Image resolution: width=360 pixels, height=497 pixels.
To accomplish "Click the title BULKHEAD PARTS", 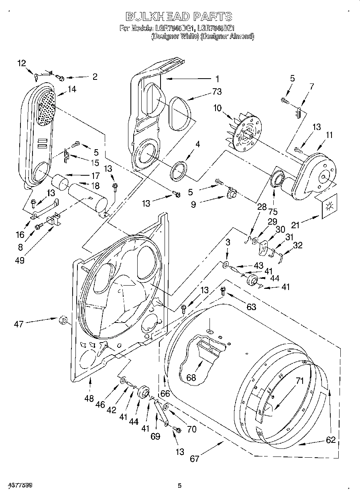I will (179, 16).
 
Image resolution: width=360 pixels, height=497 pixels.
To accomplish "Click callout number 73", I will (217, 92).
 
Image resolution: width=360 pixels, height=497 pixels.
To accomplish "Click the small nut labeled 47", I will (62, 320).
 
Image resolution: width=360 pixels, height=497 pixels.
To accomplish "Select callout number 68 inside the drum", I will (191, 377).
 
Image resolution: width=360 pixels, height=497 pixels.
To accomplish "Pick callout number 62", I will (330, 440).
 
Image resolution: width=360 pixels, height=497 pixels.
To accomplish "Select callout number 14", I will (72, 89).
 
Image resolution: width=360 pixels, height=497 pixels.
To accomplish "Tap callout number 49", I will (19, 260).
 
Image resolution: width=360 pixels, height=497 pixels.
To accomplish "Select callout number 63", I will (251, 307).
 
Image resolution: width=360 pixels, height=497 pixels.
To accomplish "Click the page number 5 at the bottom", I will (180, 486).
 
